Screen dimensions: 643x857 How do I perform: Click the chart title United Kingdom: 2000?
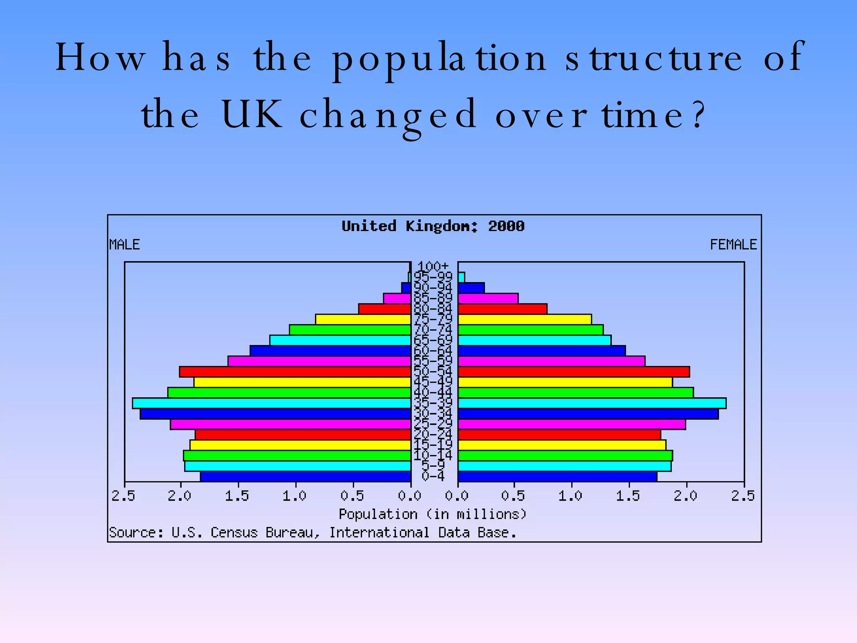pos(433,226)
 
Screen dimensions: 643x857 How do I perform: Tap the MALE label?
pos(124,244)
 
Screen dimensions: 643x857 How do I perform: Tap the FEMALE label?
pos(733,244)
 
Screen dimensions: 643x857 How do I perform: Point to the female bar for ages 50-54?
pos(574,372)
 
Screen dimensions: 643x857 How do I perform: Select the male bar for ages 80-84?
pos(385,309)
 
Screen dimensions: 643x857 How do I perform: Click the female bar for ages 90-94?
pos(471,288)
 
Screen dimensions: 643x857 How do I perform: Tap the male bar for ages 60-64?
pos(330,351)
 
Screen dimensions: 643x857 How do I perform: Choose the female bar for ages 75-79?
pos(525,319)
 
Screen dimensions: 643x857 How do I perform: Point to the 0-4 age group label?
pos(433,476)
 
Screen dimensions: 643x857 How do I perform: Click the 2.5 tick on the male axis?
pos(123,496)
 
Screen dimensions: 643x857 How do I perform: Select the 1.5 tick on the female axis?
pos(628,496)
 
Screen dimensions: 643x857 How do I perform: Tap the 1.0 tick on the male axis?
pos(295,496)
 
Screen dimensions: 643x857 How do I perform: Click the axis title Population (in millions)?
pos(433,514)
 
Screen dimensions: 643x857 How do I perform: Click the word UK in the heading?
pos(252,114)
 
